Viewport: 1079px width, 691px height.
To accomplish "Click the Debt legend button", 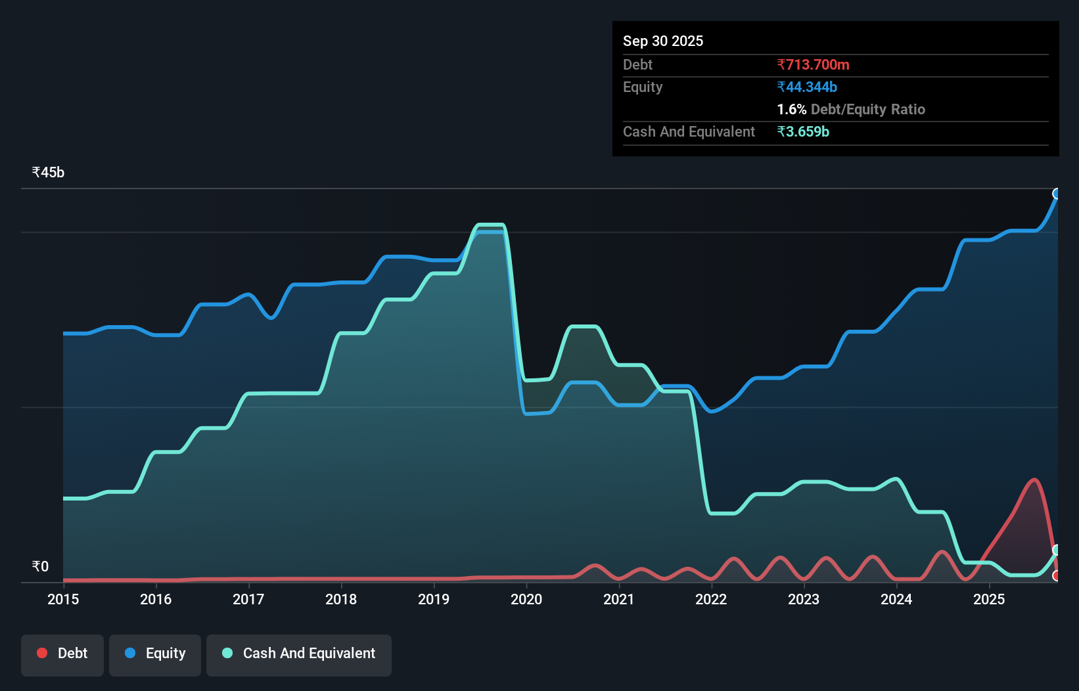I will click(x=62, y=654).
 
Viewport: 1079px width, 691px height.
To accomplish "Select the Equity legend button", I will click(x=155, y=654).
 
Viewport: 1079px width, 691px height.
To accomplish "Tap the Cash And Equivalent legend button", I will click(x=299, y=654).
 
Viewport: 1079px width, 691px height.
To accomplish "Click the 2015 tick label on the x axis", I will click(x=63, y=599).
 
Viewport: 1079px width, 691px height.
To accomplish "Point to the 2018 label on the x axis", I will click(x=341, y=599).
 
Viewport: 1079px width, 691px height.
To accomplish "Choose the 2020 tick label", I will click(x=526, y=599).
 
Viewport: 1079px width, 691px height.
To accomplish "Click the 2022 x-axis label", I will click(x=711, y=599).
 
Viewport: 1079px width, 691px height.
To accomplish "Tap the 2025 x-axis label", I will click(x=989, y=599).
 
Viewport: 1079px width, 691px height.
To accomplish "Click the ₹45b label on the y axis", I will click(x=48, y=173).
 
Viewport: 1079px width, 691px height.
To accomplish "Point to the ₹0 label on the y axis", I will click(x=40, y=566).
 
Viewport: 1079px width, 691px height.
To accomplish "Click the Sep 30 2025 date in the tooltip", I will click(x=662, y=41).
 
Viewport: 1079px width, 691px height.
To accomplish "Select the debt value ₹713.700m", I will click(x=813, y=64).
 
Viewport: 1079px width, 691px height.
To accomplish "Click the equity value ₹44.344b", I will click(x=807, y=87).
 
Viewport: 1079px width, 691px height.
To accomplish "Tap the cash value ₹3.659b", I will click(x=803, y=131).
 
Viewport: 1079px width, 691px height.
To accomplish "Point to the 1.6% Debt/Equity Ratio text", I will click(x=850, y=109).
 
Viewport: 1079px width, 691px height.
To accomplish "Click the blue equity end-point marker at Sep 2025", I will click(x=1057, y=194).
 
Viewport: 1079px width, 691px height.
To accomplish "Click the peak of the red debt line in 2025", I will click(x=1034, y=480).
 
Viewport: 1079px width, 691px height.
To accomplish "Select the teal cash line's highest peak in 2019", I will click(x=490, y=225).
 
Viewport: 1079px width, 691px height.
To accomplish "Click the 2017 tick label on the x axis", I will click(x=248, y=599).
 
